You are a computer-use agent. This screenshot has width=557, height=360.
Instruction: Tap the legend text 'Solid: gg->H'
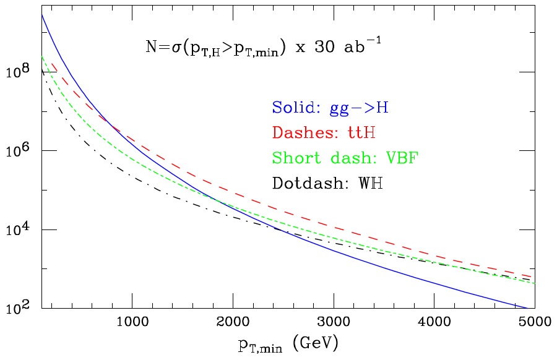click(330, 108)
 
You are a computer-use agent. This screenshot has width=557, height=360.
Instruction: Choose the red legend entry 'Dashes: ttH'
click(324, 132)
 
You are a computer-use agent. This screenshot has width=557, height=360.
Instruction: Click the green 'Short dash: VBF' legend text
click(345, 157)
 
